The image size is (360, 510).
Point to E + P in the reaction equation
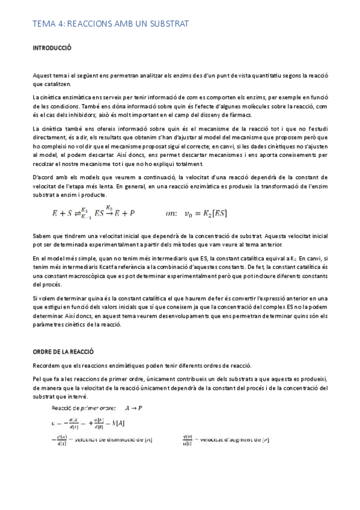(x=124, y=212)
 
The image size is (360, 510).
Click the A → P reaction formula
(x=135, y=407)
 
